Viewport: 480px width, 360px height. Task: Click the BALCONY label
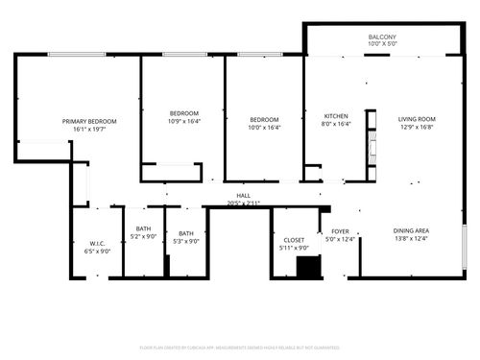click(x=382, y=37)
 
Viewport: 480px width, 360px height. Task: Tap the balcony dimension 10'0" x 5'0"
click(x=382, y=45)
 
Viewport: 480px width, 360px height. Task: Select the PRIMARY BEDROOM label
click(x=89, y=121)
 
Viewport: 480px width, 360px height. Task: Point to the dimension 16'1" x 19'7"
click(x=89, y=130)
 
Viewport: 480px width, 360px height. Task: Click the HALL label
click(x=244, y=195)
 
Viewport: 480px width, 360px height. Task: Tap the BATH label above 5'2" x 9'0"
click(x=143, y=228)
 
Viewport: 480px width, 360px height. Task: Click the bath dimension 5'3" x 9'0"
click(x=185, y=242)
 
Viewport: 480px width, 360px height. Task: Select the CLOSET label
click(x=295, y=240)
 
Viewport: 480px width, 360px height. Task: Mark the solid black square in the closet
click(x=308, y=268)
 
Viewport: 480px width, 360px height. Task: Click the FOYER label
click(x=341, y=231)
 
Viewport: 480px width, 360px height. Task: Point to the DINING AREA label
click(x=410, y=231)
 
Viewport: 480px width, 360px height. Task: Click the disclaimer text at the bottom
click(x=240, y=347)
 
